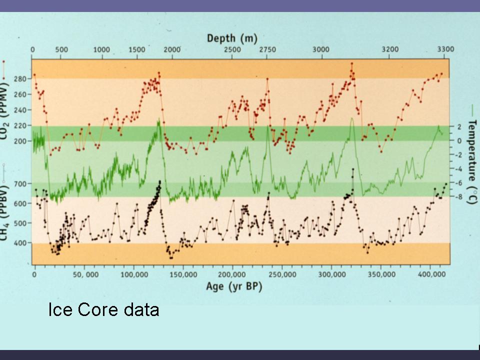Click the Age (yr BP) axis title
234,286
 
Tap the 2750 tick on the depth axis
267,49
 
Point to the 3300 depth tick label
445,49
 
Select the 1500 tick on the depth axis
136,49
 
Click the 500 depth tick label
61,49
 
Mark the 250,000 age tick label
281,274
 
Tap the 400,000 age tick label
430,274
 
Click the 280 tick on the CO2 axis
19,78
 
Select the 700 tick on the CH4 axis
19,183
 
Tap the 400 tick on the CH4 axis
19,243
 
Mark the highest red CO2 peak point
351,64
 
